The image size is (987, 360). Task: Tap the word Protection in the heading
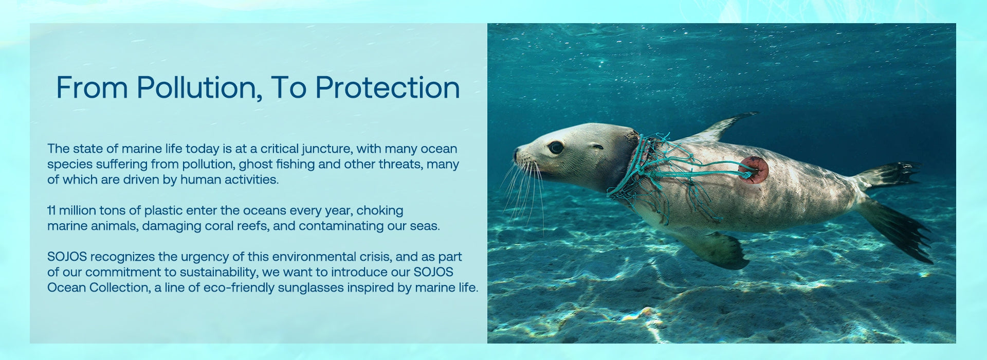coord(388,87)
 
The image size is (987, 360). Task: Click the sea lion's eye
coord(555,148)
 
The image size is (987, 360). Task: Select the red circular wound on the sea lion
coord(754,170)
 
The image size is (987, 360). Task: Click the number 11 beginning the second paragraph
coord(51,210)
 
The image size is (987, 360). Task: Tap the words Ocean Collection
coord(98,287)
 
